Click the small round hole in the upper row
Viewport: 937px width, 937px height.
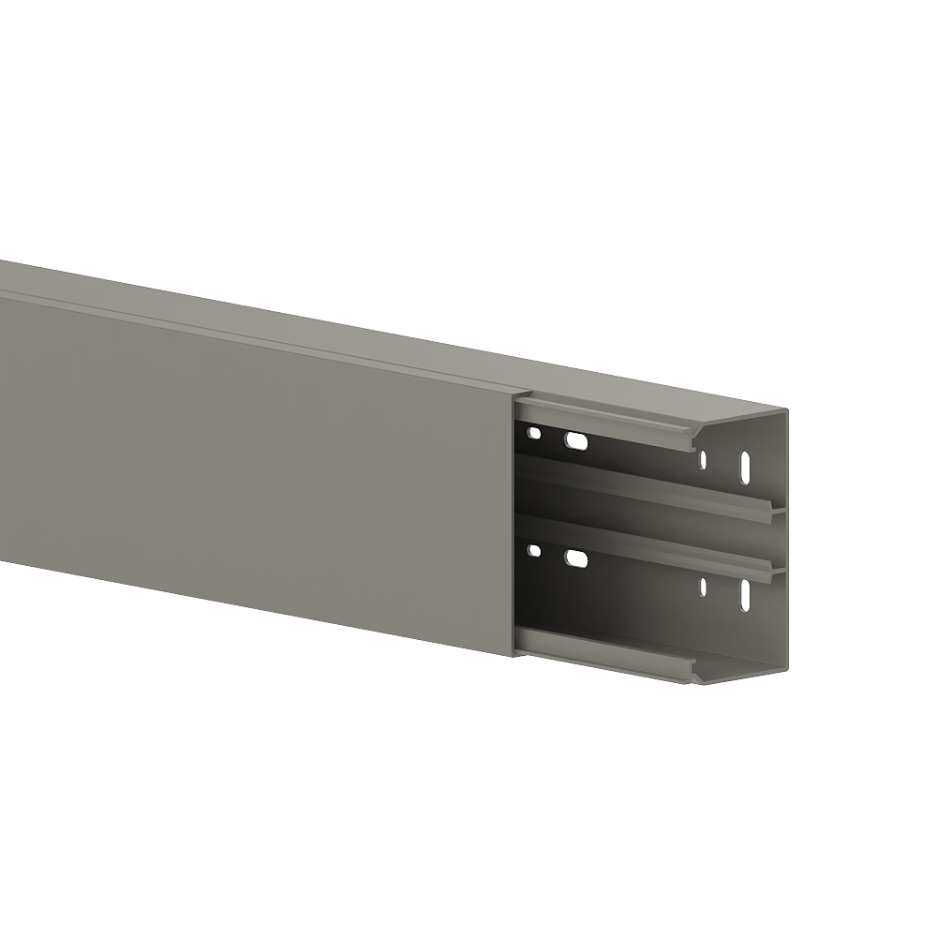[x=533, y=433]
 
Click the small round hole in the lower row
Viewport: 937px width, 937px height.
[x=533, y=551]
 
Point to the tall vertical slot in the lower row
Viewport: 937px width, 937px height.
[x=746, y=594]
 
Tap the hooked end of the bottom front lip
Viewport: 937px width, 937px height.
[x=695, y=669]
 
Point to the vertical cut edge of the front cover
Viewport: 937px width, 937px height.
[x=514, y=525]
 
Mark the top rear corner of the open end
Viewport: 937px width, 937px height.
[x=785, y=409]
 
